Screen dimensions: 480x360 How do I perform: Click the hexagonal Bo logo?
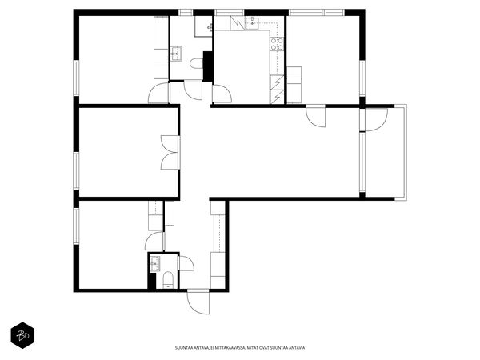pyautogui.click(x=22, y=335)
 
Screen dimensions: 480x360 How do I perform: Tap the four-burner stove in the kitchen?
pyautogui.click(x=277, y=44)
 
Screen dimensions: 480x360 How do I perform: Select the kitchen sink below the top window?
pyautogui.click(x=252, y=23)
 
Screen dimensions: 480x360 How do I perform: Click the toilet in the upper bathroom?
pyautogui.click(x=197, y=64)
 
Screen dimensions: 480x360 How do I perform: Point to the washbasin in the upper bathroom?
pyautogui.click(x=176, y=54)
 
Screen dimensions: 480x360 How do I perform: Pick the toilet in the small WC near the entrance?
pyautogui.click(x=168, y=280)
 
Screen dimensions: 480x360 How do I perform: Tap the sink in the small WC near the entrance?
pyautogui.click(x=155, y=263)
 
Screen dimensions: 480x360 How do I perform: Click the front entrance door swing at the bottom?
pyautogui.click(x=198, y=302)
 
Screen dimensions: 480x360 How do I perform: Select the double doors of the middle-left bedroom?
pyautogui.click(x=170, y=153)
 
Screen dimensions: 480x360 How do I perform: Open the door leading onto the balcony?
pyautogui.click(x=376, y=120)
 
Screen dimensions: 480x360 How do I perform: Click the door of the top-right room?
pyautogui.click(x=316, y=116)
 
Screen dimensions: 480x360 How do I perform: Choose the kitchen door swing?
pyautogui.click(x=222, y=94)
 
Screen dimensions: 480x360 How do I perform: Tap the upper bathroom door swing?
pyautogui.click(x=193, y=90)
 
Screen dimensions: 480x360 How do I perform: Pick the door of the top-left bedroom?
pyautogui.click(x=158, y=93)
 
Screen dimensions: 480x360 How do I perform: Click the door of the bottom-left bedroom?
pyautogui.click(x=155, y=242)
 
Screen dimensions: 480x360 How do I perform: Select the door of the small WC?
pyautogui.click(x=186, y=263)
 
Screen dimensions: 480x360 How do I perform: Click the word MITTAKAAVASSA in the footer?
pyautogui.click(x=230, y=348)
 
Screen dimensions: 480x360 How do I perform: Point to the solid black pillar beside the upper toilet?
pyautogui.click(x=208, y=66)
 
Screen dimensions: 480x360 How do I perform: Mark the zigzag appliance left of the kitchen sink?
pyautogui.click(x=238, y=23)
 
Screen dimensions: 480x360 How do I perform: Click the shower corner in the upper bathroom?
pyautogui.click(x=203, y=26)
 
